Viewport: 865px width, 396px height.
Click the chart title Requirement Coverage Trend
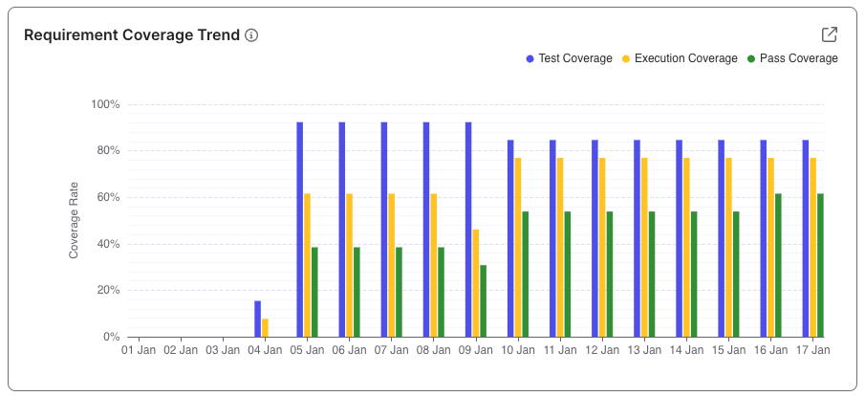(131, 35)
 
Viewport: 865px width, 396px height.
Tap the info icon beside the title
(251, 35)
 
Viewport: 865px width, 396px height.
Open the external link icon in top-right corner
(829, 34)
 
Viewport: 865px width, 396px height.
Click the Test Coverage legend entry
(569, 58)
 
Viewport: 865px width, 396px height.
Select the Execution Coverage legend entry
(680, 58)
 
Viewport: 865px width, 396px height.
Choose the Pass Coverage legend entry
(792, 58)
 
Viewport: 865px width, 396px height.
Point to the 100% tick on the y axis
(104, 104)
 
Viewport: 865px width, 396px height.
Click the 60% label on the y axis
(107, 197)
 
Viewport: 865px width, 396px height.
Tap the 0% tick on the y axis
(110, 337)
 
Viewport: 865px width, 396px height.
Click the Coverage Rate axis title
(74, 221)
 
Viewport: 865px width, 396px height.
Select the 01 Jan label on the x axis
(139, 351)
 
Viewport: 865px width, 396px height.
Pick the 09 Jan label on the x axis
(475, 351)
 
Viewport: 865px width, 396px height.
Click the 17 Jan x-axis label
(811, 351)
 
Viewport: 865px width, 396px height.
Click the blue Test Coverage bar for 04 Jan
(257, 319)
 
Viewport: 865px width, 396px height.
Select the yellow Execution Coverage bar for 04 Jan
(266, 327)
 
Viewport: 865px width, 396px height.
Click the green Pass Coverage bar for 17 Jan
(820, 265)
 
